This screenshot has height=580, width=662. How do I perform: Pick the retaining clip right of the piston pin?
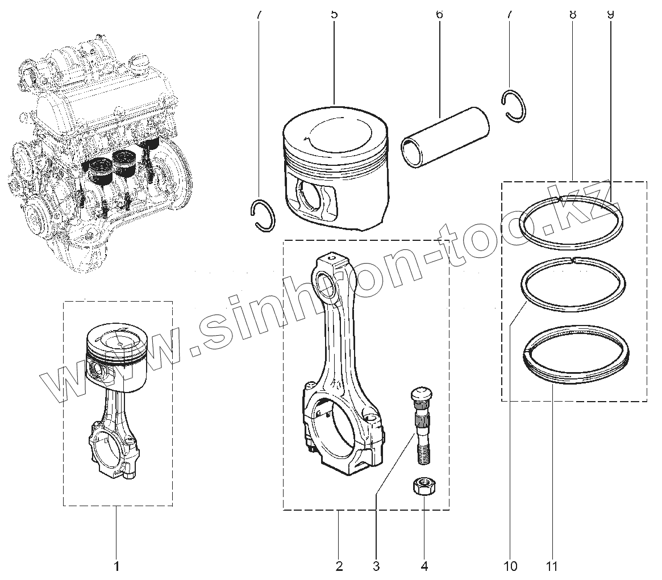[x=514, y=106]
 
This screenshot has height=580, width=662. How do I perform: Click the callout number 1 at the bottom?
[x=116, y=566]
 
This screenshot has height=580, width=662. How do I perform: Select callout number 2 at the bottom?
[x=339, y=566]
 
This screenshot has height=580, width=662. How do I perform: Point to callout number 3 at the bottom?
[x=376, y=566]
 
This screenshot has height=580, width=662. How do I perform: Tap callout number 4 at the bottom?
[x=424, y=566]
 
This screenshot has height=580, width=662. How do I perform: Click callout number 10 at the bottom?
[x=510, y=566]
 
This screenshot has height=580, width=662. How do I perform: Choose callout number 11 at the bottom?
[x=552, y=566]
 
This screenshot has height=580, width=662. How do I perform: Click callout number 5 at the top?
[x=334, y=14]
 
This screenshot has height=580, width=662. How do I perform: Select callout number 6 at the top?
[x=439, y=14]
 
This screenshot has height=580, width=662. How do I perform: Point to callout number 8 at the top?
[x=572, y=14]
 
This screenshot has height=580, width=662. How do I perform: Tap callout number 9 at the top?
[x=611, y=14]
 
